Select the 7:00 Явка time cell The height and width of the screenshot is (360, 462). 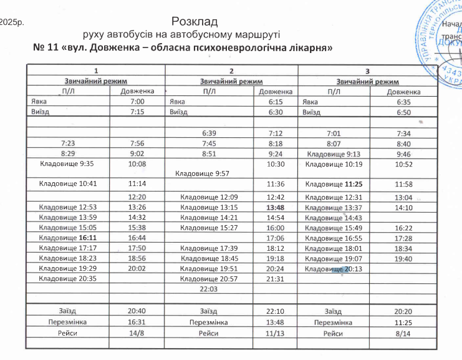pos(137,101)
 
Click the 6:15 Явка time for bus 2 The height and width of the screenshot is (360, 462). pos(274,101)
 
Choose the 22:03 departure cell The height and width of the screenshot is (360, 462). pos(208,289)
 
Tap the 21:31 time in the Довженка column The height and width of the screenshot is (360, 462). pos(275,279)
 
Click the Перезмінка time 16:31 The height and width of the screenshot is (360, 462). pos(137,322)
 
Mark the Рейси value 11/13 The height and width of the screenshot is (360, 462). pos(275,333)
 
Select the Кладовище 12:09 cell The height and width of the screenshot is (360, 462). pos(209,197)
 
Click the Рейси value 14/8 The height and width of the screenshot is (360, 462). pos(137,333)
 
